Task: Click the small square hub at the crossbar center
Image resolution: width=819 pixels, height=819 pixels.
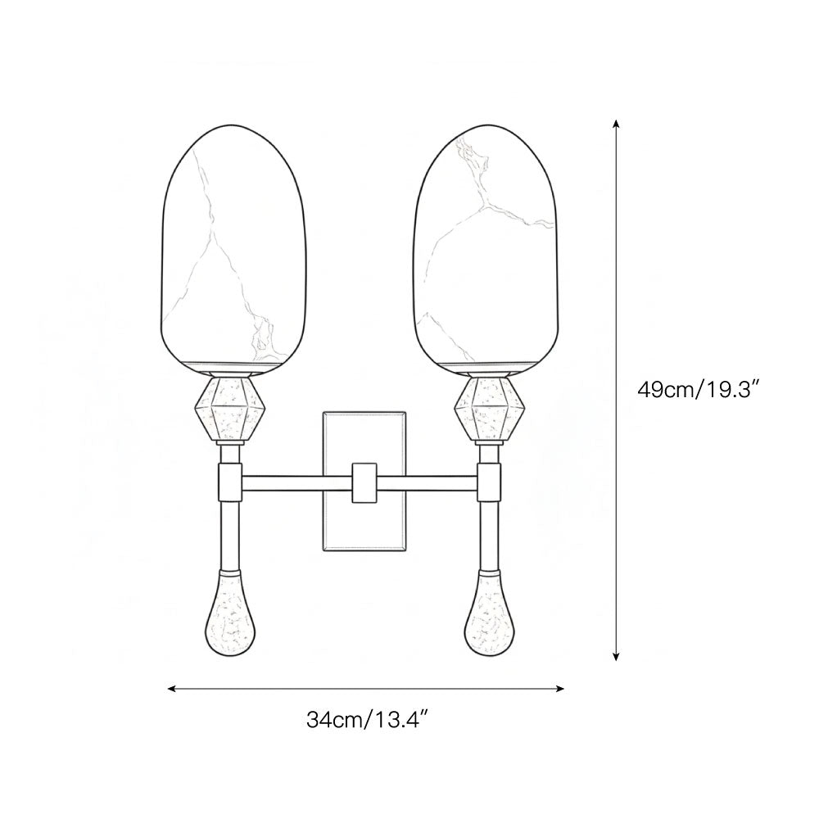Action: coord(361,482)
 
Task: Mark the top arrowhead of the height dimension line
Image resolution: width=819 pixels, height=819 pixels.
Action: coord(616,124)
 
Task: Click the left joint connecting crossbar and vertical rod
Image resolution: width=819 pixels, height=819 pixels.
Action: coord(229,483)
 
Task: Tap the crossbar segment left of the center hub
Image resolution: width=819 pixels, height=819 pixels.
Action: coord(295,483)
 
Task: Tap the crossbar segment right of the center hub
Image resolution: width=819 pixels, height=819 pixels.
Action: coord(426,483)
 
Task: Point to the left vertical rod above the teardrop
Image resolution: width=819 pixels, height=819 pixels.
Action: coord(229,532)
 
